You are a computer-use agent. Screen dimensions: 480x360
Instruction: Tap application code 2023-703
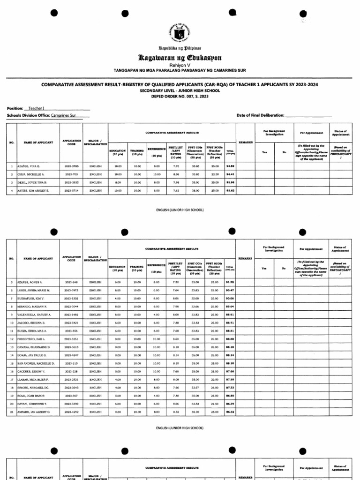point(71,174)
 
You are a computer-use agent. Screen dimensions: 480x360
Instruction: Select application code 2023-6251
point(71,339)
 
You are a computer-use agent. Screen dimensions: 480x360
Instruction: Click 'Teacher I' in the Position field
point(36,108)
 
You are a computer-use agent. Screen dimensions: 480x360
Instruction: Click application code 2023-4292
point(71,412)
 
